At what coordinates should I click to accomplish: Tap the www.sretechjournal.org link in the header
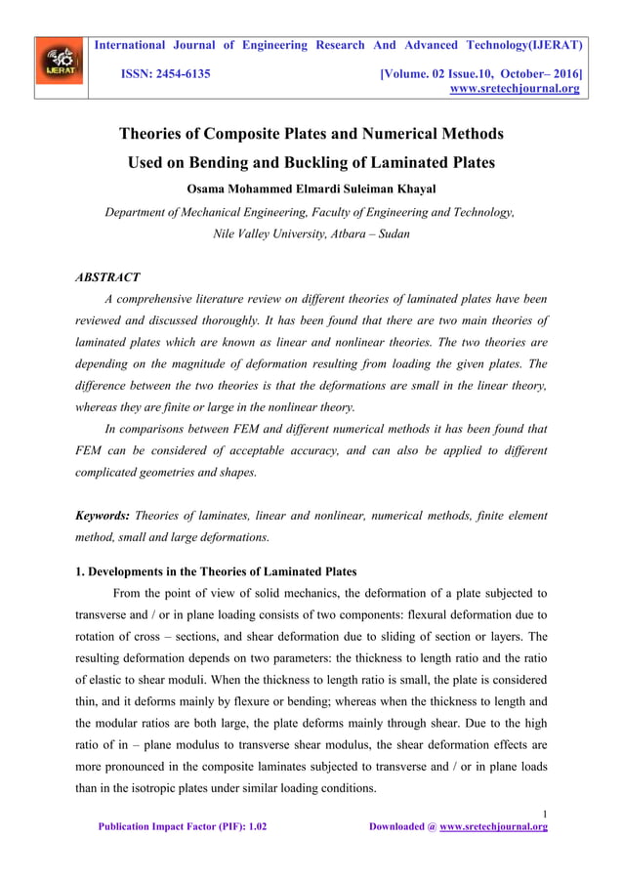[x=513, y=89]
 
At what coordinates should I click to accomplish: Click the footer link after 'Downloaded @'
[x=493, y=826]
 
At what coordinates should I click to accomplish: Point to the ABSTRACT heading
[x=107, y=277]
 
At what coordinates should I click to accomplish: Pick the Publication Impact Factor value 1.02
[x=255, y=826]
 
